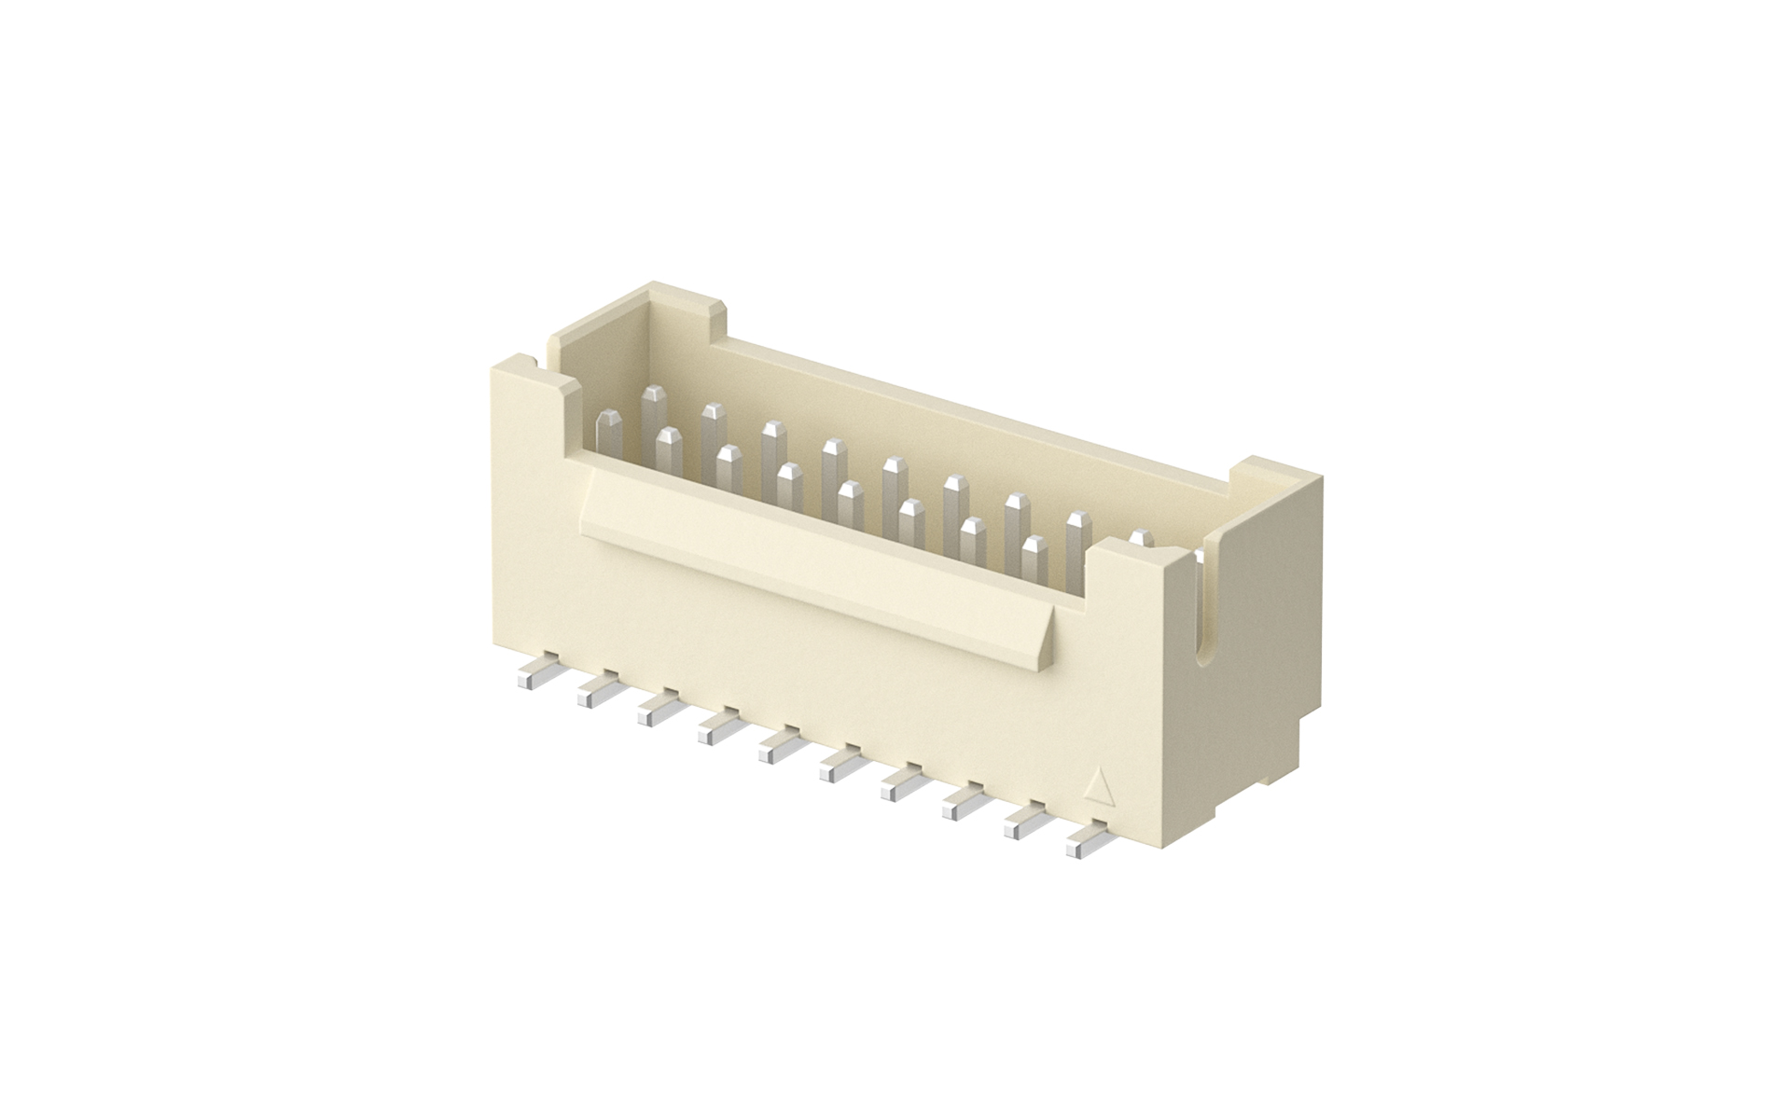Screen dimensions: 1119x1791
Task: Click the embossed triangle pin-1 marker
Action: pos(1098,788)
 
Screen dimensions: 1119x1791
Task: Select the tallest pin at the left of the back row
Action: pos(656,410)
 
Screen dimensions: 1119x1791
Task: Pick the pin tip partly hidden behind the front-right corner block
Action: pos(1140,536)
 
